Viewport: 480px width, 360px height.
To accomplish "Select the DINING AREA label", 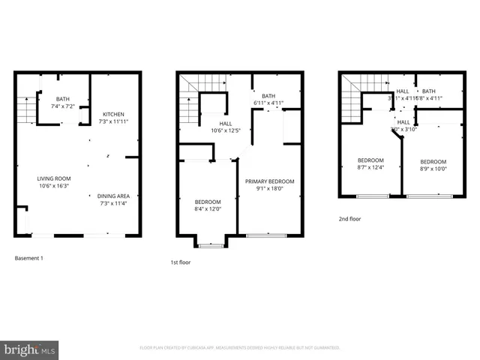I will (x=114, y=196).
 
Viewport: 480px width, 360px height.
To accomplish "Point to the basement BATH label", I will (x=62, y=99).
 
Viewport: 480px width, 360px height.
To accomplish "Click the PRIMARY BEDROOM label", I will (x=270, y=181).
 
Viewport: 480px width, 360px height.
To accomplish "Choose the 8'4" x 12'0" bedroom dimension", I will (x=208, y=209).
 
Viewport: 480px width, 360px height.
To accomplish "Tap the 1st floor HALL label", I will (x=226, y=124).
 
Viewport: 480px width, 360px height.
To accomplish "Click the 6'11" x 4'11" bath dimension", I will (x=269, y=102).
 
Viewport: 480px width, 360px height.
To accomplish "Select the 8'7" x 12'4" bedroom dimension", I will (x=370, y=167).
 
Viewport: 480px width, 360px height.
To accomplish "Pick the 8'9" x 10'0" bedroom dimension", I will (x=433, y=169).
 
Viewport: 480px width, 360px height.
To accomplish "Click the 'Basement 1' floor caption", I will (x=29, y=258).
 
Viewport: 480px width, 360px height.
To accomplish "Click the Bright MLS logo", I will (x=29, y=350).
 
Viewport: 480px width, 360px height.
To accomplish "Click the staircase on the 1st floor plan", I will (x=190, y=105).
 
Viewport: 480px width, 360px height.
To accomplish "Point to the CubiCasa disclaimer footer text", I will (x=240, y=348).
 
